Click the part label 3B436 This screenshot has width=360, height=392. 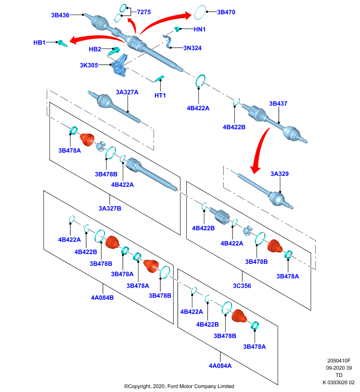tap(60, 15)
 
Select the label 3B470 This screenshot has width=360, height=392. tap(226, 12)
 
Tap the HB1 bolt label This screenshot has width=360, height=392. tap(39, 43)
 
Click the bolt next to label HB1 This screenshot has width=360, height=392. tap(62, 44)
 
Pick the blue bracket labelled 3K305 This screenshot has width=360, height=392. tap(120, 66)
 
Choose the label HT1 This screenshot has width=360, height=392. tap(160, 95)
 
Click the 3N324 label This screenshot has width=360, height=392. tap(192, 48)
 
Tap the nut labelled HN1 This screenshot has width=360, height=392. tap(178, 29)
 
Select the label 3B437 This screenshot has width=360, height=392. tap(278, 103)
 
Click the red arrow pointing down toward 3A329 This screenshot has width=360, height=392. tap(259, 149)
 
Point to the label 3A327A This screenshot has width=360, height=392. tap(127, 92)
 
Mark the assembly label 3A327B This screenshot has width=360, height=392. tap(110, 208)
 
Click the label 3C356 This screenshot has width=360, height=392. tap(242, 286)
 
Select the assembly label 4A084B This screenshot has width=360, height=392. tap(103, 297)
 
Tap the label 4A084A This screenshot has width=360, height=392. tap(220, 366)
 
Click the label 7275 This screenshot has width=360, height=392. tap(144, 12)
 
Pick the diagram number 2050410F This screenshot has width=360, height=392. tap(339, 361)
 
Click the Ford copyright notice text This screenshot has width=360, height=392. tap(179, 386)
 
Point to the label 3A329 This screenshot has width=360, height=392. tap(280, 174)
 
